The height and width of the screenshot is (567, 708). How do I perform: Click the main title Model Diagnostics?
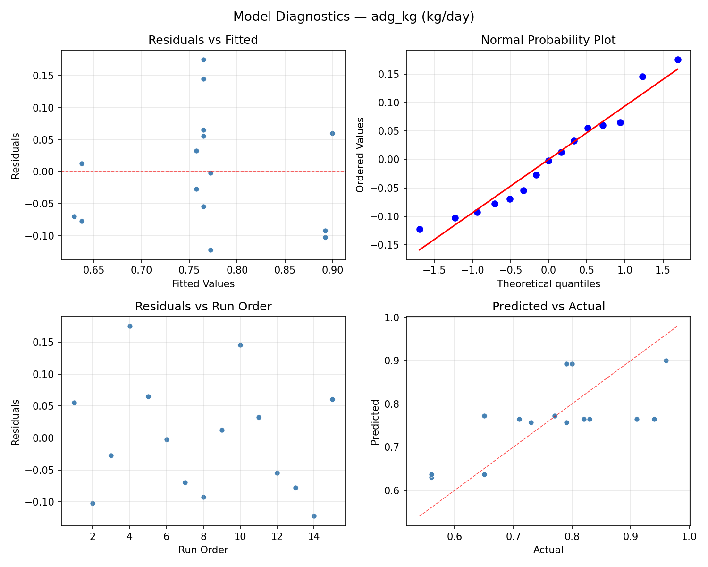tap(354, 17)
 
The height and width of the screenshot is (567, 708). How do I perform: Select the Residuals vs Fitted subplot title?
tap(203, 40)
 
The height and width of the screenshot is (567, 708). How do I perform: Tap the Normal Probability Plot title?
tap(548, 40)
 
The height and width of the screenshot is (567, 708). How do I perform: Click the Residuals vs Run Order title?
tap(203, 307)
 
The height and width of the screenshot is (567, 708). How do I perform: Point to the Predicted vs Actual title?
tap(548, 307)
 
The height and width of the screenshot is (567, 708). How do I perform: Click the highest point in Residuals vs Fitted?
tap(203, 60)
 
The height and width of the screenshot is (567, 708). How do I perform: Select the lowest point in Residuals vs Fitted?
tap(211, 250)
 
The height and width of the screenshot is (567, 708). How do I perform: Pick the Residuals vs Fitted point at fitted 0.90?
tap(332, 133)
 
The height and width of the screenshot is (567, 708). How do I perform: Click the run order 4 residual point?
tap(130, 326)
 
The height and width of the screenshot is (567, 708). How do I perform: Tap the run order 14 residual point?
tap(314, 516)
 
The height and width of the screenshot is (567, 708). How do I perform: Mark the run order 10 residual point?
tap(240, 345)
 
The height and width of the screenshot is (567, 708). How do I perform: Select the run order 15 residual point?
tap(332, 399)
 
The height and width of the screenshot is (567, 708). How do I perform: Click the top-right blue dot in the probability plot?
tap(678, 60)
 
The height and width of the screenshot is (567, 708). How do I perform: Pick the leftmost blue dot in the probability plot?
tap(420, 229)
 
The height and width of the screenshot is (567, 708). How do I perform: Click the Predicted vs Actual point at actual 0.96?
tap(666, 361)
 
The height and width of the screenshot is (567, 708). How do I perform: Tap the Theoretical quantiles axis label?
tap(548, 284)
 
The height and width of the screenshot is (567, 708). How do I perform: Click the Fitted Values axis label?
tap(203, 284)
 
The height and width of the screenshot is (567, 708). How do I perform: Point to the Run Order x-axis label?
tap(203, 550)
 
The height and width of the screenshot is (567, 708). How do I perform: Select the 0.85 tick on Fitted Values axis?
tap(285, 270)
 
